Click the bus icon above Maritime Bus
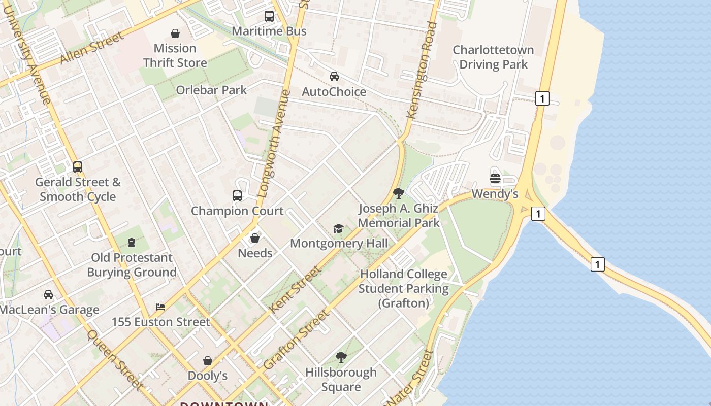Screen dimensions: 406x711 269,16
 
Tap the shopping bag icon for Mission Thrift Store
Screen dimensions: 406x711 175,33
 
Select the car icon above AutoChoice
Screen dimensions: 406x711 334,77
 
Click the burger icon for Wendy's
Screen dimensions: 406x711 495,179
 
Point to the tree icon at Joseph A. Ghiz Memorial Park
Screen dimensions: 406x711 399,193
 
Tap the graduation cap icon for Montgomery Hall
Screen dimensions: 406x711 338,228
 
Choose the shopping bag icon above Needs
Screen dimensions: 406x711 255,238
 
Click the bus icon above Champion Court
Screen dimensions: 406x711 237,196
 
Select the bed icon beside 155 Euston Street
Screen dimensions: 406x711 160,307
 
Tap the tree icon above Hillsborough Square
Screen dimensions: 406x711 341,357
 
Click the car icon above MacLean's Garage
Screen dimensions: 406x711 48,295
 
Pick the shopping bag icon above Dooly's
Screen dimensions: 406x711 208,361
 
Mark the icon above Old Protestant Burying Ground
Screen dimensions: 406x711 132,243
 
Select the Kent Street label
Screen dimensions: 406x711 295,289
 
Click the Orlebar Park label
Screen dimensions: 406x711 211,90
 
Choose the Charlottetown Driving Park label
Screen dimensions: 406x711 493,57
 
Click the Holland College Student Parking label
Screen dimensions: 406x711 404,288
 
